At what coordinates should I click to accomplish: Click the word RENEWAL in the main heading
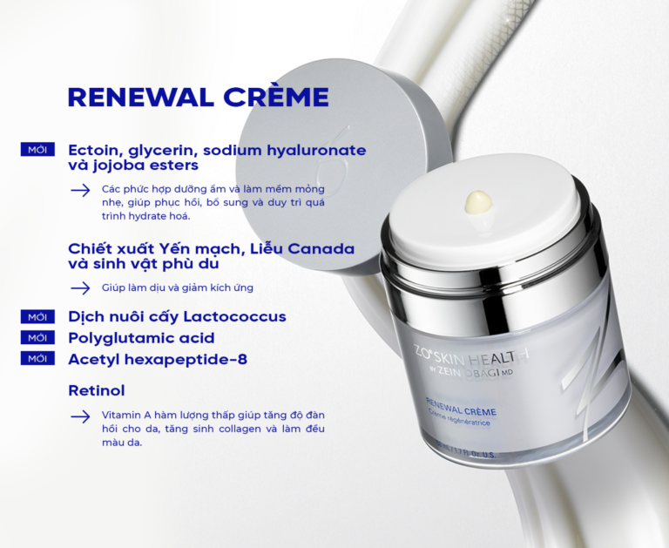coord(141,98)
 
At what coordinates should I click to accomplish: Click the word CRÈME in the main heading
coord(276,96)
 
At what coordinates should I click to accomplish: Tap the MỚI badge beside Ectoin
coord(37,149)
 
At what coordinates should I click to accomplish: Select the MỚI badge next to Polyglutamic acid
coord(37,337)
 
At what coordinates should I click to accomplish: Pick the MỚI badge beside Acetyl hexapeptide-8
coord(37,358)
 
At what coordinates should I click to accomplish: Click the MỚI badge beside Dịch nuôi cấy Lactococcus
coord(37,316)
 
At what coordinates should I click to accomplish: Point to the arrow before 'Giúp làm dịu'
coord(80,288)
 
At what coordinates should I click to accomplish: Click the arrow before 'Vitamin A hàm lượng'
coord(80,416)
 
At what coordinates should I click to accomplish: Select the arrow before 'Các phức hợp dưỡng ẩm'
coord(80,190)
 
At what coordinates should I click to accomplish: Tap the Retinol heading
coord(97,390)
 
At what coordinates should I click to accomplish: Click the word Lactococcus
coord(234,316)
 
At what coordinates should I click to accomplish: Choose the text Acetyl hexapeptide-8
coord(158,359)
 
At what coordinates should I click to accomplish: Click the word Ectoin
coord(93,150)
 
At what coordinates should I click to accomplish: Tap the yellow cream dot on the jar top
coord(479,201)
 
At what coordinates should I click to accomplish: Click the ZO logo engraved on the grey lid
coord(333,153)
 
